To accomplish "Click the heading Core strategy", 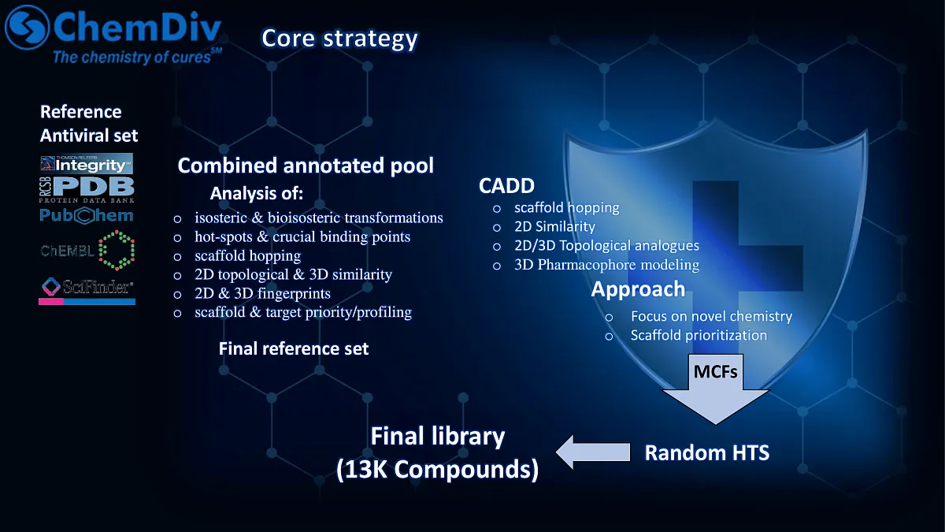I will tap(339, 38).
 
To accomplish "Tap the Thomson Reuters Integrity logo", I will tap(87, 164).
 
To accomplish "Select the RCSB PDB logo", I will tap(87, 190).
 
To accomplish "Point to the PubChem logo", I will tap(87, 215).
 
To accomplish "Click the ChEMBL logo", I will tap(87, 251).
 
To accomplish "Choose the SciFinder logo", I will tap(87, 290).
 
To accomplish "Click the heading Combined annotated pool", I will tap(306, 166).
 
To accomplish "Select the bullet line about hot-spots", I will tap(302, 236).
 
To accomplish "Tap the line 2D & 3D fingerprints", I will tap(262, 293).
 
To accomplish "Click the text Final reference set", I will tap(293, 348).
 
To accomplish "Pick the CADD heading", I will tap(506, 186).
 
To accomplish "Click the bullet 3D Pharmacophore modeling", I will tap(606, 265).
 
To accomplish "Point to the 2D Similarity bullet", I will tap(554, 227).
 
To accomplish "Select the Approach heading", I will tap(638, 289).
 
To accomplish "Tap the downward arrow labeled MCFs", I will tap(715, 390).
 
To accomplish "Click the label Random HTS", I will tap(706, 452).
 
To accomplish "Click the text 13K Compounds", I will tap(437, 469).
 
